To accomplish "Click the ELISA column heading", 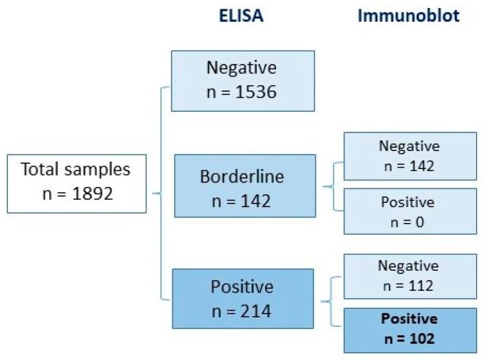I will point(241,17).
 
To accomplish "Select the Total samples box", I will point(76,184).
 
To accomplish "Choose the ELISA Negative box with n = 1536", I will point(242,80).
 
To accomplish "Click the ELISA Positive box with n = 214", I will point(242,299).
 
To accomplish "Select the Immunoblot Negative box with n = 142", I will point(409,156).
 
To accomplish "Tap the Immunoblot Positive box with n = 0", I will point(409,211).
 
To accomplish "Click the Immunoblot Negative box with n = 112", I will point(409,275).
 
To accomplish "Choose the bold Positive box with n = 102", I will point(409,328).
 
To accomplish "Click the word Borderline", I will point(242,177).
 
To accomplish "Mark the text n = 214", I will point(242,311).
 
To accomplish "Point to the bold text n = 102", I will point(409,338).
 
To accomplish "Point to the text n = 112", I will point(409,285).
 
